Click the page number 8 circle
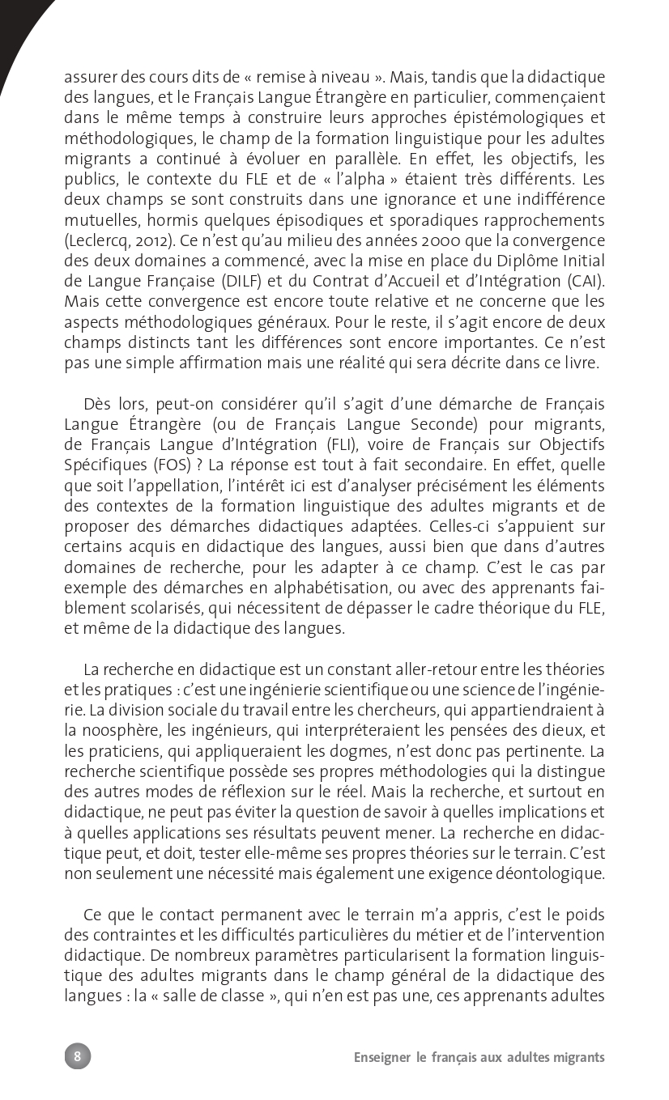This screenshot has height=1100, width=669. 78,1056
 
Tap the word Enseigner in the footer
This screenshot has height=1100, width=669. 381,1057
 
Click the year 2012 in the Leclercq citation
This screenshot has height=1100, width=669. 143,240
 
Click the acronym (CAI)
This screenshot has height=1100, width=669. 584,281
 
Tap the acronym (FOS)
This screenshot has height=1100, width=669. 154,465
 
